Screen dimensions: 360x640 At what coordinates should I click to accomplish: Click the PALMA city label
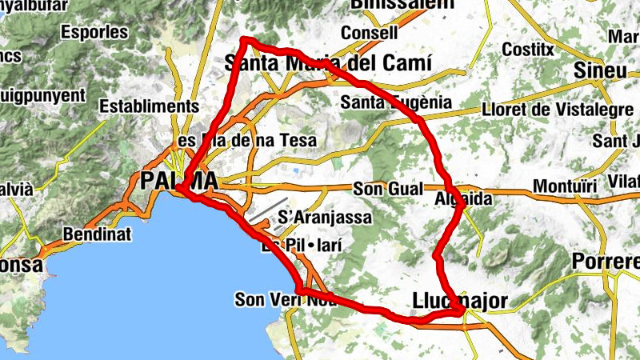[178, 181]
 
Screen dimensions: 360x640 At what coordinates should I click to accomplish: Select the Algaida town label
[462, 198]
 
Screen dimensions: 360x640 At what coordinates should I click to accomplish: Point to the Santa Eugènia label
[395, 102]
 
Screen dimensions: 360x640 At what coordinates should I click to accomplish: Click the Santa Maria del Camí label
[328, 62]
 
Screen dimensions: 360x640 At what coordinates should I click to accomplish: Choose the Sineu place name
[599, 70]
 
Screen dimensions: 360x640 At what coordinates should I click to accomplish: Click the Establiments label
[150, 106]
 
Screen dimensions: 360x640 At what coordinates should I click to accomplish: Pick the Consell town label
[369, 34]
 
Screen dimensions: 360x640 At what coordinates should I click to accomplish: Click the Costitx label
[528, 49]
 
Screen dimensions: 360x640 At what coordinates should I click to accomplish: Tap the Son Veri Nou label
[285, 300]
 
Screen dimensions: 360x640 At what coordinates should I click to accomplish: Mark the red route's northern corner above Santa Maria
[245, 41]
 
